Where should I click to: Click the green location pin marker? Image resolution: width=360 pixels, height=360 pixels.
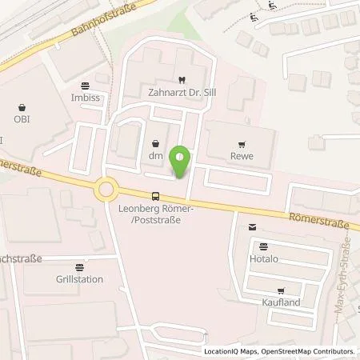pyautogui.click(x=182, y=162)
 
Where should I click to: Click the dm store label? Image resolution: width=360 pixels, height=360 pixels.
pyautogui.click(x=155, y=157)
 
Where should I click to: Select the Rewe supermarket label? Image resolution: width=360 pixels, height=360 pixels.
pyautogui.click(x=242, y=156)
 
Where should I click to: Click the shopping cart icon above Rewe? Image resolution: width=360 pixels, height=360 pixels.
pyautogui.click(x=242, y=143)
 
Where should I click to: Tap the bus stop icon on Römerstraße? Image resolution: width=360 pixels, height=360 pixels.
pyautogui.click(x=154, y=196)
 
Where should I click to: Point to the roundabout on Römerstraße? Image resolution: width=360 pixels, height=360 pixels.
pyautogui.click(x=106, y=190)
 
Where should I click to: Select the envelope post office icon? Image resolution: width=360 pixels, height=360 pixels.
pyautogui.click(x=253, y=228)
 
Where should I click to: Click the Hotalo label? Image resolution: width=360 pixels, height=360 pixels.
pyautogui.click(x=263, y=261)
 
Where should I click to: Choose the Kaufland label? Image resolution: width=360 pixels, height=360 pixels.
pyautogui.click(x=280, y=306)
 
